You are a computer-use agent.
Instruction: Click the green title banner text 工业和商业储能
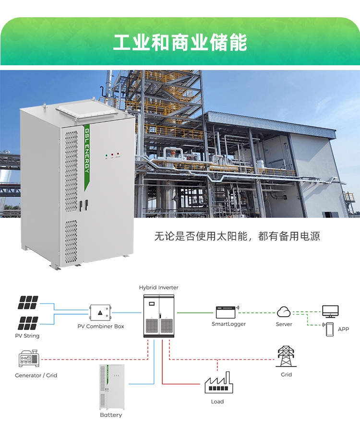[x=180, y=43]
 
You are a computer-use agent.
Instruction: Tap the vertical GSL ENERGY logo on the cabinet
[x=87, y=151]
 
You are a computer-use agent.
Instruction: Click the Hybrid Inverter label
[x=158, y=287]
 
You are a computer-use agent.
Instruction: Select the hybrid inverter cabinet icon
[x=158, y=314]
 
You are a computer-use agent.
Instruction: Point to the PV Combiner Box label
[x=101, y=326]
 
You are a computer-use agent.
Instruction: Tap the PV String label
[x=27, y=336]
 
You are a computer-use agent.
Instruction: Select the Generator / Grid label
[x=36, y=375]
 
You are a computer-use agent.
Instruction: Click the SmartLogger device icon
[x=227, y=313]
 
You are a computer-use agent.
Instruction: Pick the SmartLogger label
[x=228, y=324]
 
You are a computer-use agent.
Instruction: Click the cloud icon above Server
[x=284, y=312]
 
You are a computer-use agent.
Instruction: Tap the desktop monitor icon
[x=330, y=312]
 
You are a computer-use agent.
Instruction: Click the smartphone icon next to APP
[x=330, y=329]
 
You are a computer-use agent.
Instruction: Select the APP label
[x=343, y=330]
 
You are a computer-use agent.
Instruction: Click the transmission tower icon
[x=286, y=356]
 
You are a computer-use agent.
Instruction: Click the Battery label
[x=111, y=415]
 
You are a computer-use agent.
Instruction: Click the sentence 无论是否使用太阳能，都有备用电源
[x=237, y=236]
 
